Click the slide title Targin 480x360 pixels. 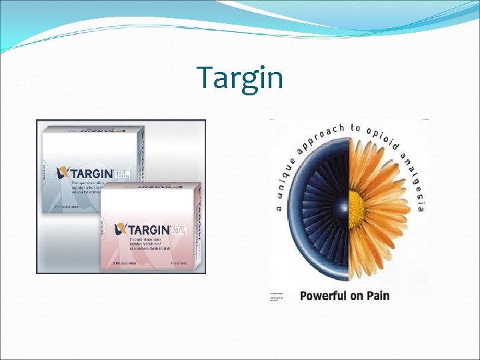(240, 78)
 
